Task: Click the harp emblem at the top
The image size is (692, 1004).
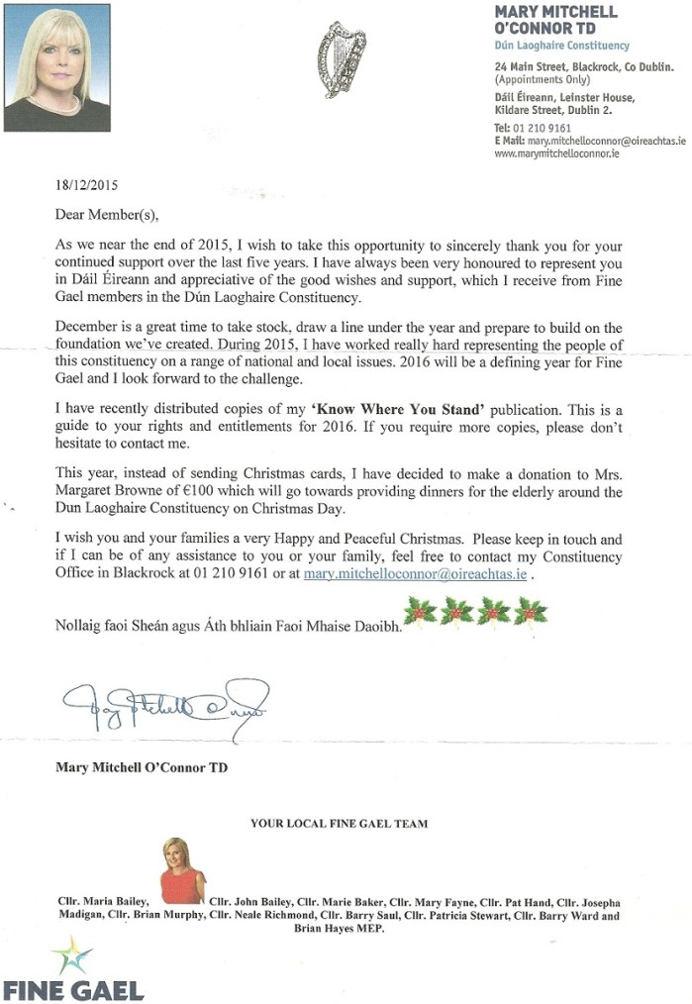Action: pyautogui.click(x=339, y=59)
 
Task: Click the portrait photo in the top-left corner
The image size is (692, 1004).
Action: pyautogui.click(x=56, y=67)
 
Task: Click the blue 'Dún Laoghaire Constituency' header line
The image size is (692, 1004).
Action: pyautogui.click(x=561, y=46)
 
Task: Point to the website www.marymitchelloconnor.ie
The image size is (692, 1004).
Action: pyautogui.click(x=556, y=154)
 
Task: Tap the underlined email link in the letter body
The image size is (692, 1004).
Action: pyautogui.click(x=416, y=573)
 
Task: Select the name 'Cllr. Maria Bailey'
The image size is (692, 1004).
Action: pyautogui.click(x=103, y=902)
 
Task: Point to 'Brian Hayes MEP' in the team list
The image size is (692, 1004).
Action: pyautogui.click(x=339, y=931)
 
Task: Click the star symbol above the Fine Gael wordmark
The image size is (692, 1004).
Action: pyautogui.click(x=72, y=957)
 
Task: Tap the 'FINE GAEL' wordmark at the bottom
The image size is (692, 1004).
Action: pyautogui.click(x=73, y=989)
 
